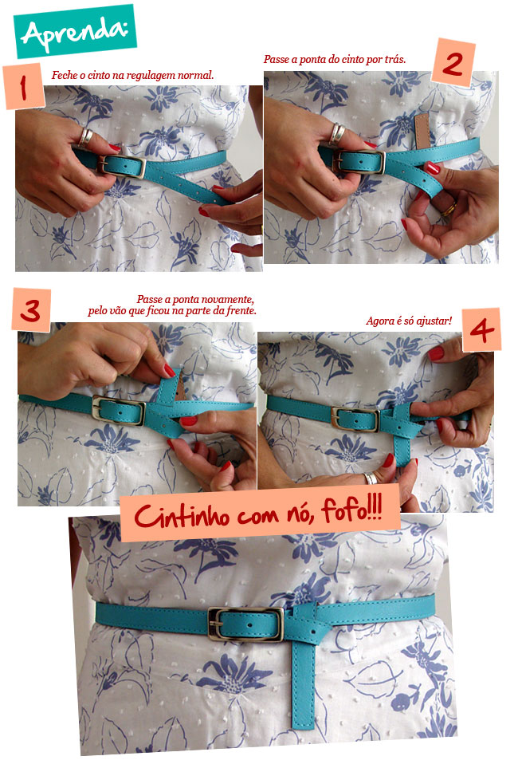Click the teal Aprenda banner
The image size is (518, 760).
[76, 31]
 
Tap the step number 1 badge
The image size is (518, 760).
[24, 86]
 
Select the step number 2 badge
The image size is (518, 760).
[453, 61]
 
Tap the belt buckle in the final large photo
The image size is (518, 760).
[245, 624]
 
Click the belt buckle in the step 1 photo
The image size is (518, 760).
[122, 165]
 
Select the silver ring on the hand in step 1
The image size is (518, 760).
[84, 136]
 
